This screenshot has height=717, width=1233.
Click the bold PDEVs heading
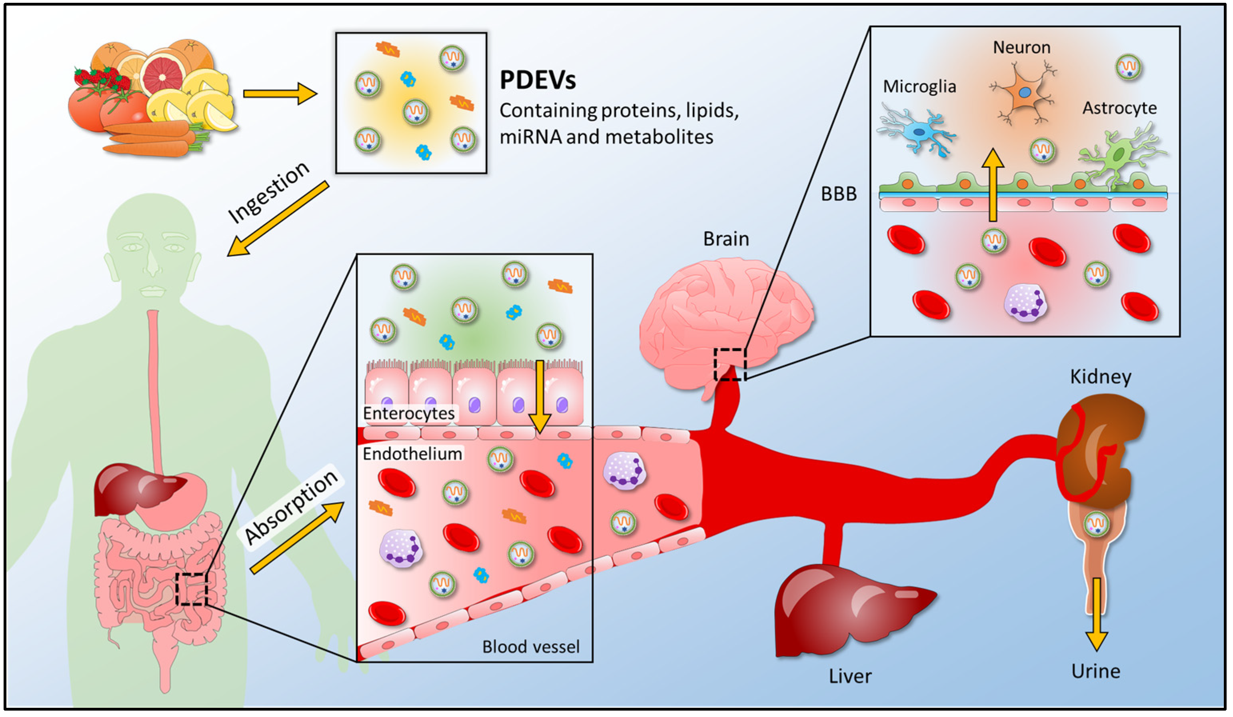pos(537,80)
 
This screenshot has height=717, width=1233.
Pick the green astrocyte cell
pos(1121,154)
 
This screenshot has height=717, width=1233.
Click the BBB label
pos(839,194)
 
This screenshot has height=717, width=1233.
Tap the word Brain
pos(725,239)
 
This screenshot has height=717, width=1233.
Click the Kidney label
pos(1100,377)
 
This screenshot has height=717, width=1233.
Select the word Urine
pos(1095,671)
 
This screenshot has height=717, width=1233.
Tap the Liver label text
pos(850,676)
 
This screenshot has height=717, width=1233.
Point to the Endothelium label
pos(412,454)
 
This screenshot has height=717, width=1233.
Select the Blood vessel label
pos(530,647)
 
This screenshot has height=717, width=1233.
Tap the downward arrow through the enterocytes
pos(539,396)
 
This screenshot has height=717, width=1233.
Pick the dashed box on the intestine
pos(191,589)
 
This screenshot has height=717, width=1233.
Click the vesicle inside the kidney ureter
pos(1096,524)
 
